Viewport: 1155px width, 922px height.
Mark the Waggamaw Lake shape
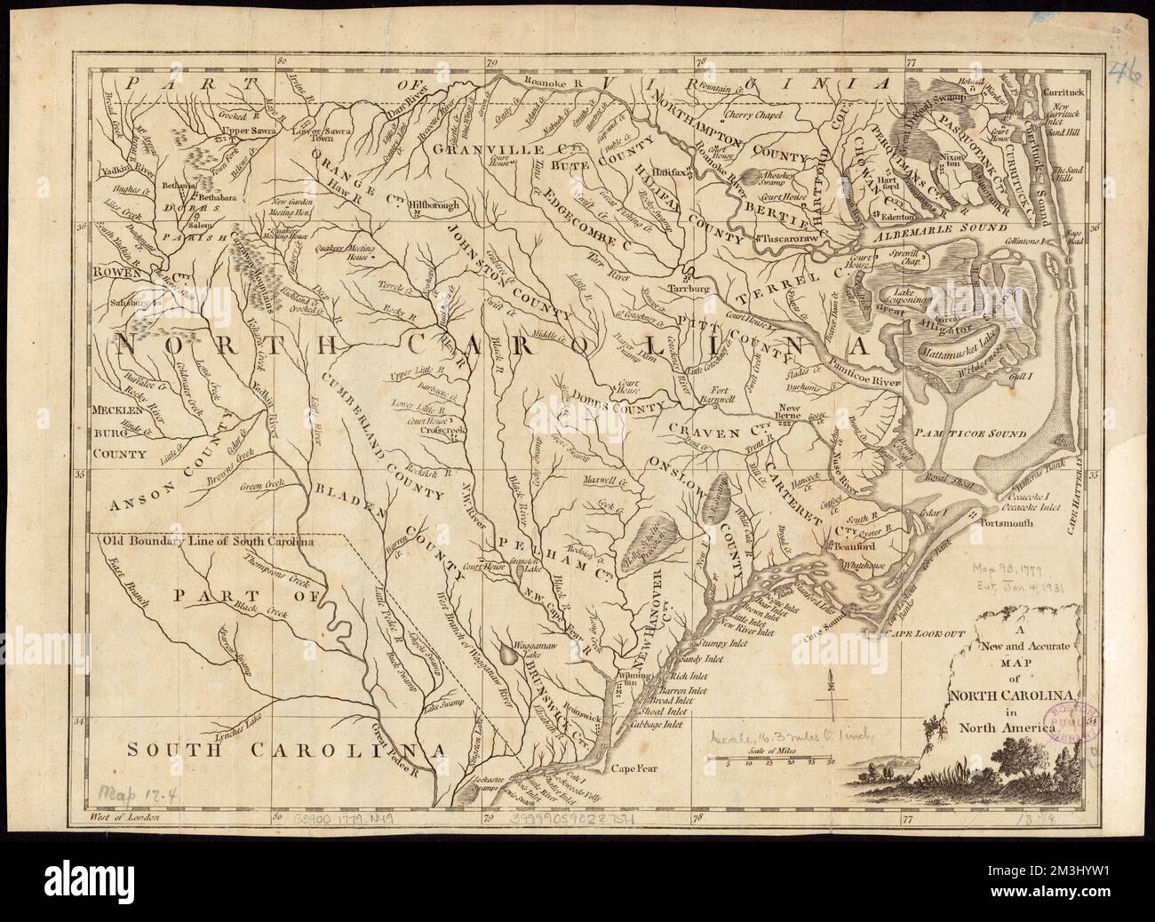508,655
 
